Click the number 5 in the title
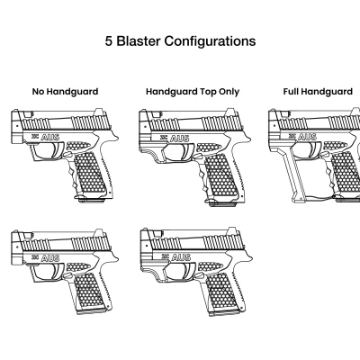tap(108, 41)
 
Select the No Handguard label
tap(65, 92)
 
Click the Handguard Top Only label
tap(193, 92)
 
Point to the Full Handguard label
tap(318, 92)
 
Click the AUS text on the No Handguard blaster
tap(49, 137)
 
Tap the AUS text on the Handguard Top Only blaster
tap(180, 139)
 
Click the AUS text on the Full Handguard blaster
tap(308, 137)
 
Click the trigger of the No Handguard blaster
tap(58, 149)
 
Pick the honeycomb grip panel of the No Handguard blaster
tap(90, 173)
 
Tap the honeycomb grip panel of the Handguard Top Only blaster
tap(220, 175)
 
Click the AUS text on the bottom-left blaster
tap(49, 257)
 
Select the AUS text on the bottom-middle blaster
tap(181, 257)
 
